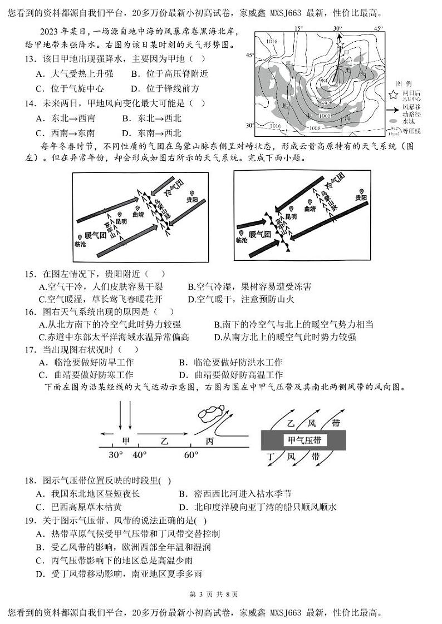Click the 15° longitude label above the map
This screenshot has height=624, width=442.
click(x=298, y=28)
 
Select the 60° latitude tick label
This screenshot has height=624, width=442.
click(x=190, y=455)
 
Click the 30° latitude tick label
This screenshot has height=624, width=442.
click(x=115, y=455)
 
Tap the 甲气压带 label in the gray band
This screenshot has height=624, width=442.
click(x=305, y=440)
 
